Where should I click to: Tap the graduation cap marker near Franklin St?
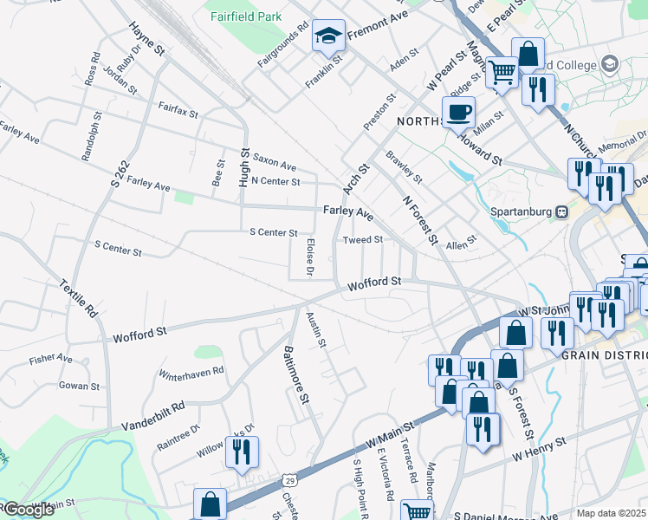pyautogui.click(x=328, y=36)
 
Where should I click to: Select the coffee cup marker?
pyautogui.click(x=458, y=112)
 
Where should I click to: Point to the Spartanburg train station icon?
pyautogui.click(x=562, y=211)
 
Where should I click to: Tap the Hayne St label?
pyautogui.click(x=146, y=40)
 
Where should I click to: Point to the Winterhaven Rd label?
pyautogui.click(x=191, y=373)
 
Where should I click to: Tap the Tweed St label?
pyautogui.click(x=362, y=239)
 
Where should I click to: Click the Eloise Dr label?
pyautogui.click(x=310, y=257)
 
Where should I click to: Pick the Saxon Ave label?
pyautogui.click(x=275, y=166)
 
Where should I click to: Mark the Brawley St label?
pyautogui.click(x=404, y=167)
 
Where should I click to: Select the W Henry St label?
pyautogui.click(x=539, y=446)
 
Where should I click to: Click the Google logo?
pyautogui.click(x=28, y=510)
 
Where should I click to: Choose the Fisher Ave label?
pyautogui.click(x=51, y=357)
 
